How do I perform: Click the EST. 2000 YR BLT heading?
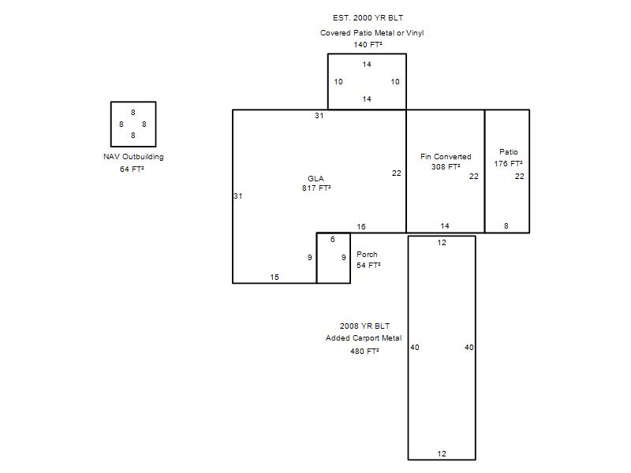368,17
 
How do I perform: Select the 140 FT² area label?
368,45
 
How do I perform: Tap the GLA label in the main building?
315,178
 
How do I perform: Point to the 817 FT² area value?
316,188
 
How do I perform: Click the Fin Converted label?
446,156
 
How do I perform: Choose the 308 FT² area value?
446,166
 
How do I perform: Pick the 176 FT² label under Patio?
508,164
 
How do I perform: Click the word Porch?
367,254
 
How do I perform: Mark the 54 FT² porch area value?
368,265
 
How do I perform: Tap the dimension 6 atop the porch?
332,240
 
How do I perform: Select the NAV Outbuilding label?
133,157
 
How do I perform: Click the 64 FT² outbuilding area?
132,169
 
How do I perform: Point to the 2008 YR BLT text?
364,326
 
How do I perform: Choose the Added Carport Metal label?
364,338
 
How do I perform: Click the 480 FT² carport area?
364,351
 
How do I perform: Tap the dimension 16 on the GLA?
361,227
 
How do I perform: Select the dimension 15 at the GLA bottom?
274,277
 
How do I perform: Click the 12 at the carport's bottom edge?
442,454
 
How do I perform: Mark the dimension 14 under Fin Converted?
445,226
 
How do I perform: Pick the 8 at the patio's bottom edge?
506,226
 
